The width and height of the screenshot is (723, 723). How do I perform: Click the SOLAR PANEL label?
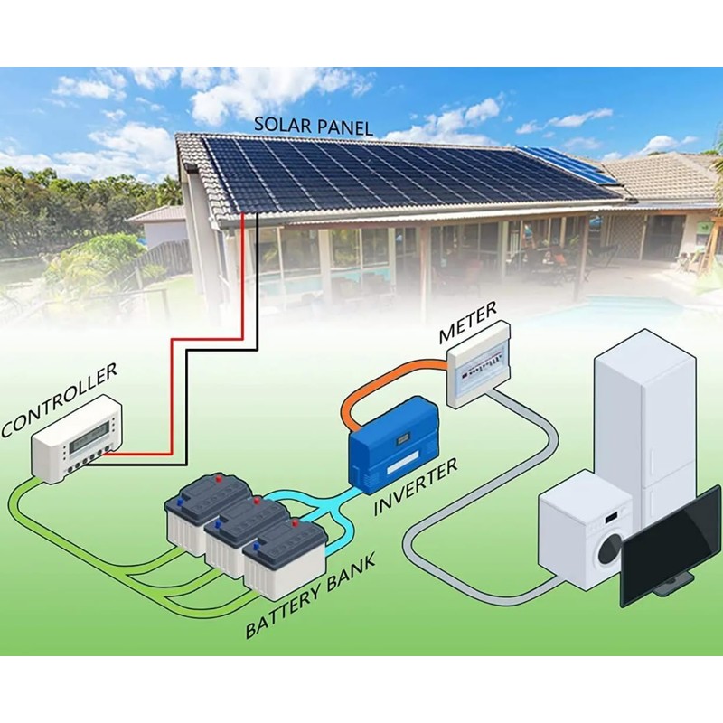313,126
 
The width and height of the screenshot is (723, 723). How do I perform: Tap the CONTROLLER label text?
59,399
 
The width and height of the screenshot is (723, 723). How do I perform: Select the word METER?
467,323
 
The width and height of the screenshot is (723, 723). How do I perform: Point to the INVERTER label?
416,486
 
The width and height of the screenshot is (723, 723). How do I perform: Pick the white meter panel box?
480,364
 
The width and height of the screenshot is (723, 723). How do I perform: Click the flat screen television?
671,546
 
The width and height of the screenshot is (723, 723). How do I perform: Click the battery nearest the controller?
209,511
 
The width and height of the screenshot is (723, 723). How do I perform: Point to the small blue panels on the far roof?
567,164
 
